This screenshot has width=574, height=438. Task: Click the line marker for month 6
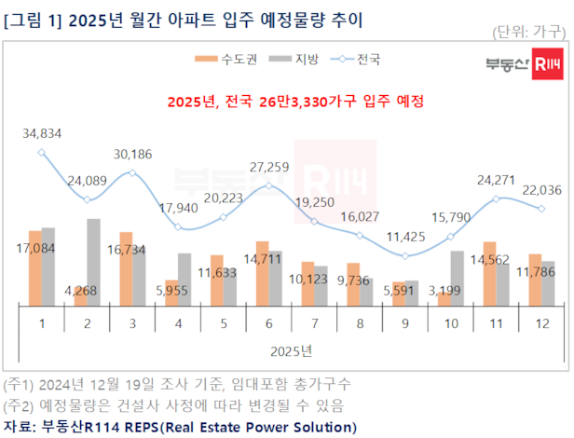[x=268, y=185]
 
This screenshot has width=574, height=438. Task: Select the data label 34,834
[x=42, y=134]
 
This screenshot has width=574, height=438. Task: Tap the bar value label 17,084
[x=43, y=250]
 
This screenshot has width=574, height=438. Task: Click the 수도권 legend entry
[x=220, y=59]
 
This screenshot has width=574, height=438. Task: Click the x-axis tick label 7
[x=314, y=322]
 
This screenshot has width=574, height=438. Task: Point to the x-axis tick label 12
[x=541, y=322]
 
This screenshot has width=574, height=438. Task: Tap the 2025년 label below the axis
[x=292, y=349]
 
